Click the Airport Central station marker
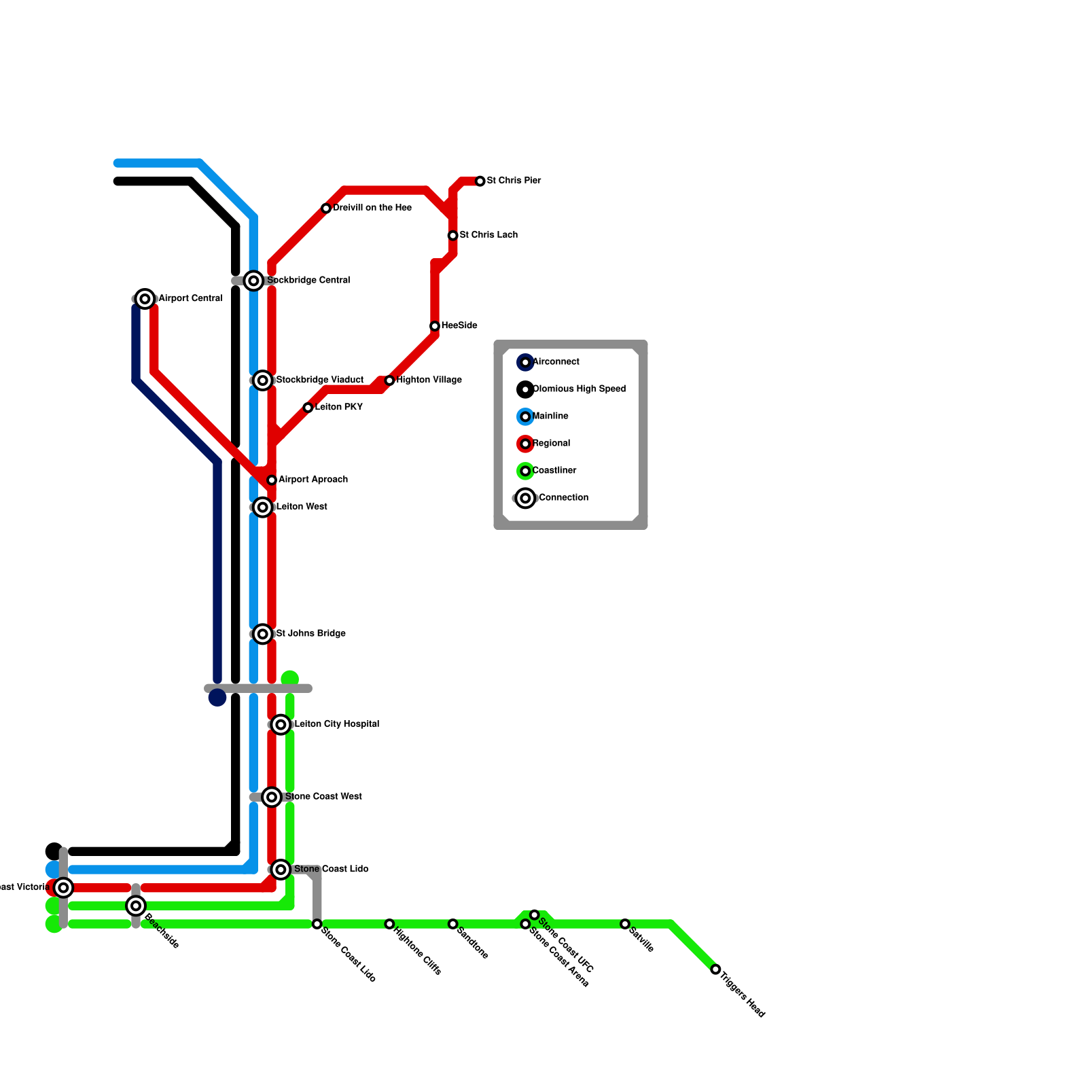pos(145,298)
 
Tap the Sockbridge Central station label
pos(308,280)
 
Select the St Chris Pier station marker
pos(480,181)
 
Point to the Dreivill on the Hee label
pos(372,208)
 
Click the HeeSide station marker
pos(435,326)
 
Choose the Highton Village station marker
pos(389,380)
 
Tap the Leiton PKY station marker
pos(308,408)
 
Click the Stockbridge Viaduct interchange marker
pos(263,380)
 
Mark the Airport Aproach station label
pos(313,480)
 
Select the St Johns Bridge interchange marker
pos(263,634)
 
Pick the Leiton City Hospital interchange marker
pos(281,725)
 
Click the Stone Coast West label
pos(323,796)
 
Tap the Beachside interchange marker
pos(136,905)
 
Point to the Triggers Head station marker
pos(715,969)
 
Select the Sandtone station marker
pos(453,924)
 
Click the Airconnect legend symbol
pos(525,362)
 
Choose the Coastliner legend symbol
pos(525,471)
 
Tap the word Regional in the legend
pos(552,444)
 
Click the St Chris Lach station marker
pos(453,236)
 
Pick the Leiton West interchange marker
pos(263,507)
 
